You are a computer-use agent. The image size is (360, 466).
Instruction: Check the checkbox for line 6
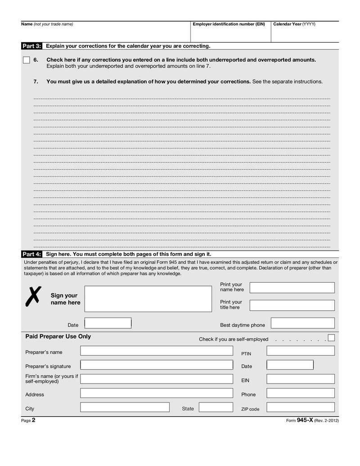point(27,60)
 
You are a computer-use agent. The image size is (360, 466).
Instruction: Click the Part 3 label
point(31,46)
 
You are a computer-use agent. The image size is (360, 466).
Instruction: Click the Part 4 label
point(31,254)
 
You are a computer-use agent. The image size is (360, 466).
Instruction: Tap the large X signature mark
point(33,296)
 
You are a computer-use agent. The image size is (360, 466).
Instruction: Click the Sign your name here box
point(148,299)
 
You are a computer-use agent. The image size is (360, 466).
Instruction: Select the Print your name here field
point(292,288)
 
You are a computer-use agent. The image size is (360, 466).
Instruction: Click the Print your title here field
point(292,305)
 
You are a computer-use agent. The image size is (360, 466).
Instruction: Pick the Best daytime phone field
point(302,323)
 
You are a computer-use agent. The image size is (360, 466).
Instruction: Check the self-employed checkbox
point(331,338)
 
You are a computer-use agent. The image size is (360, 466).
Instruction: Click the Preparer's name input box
point(157,351)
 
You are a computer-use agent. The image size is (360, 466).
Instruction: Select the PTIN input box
point(300,351)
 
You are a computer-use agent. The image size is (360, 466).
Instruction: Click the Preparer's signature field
point(157,365)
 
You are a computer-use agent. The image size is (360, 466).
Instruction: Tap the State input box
point(215,407)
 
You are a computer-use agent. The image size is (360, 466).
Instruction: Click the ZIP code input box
point(300,407)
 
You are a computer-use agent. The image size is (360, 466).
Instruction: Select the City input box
point(125,407)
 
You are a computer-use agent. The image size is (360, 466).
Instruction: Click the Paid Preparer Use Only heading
point(58,336)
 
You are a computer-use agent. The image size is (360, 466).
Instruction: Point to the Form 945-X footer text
point(312,420)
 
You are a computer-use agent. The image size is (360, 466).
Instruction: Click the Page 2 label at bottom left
point(28,420)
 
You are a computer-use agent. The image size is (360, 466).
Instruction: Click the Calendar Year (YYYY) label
point(294,24)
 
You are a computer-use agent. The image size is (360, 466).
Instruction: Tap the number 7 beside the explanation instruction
point(36,81)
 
